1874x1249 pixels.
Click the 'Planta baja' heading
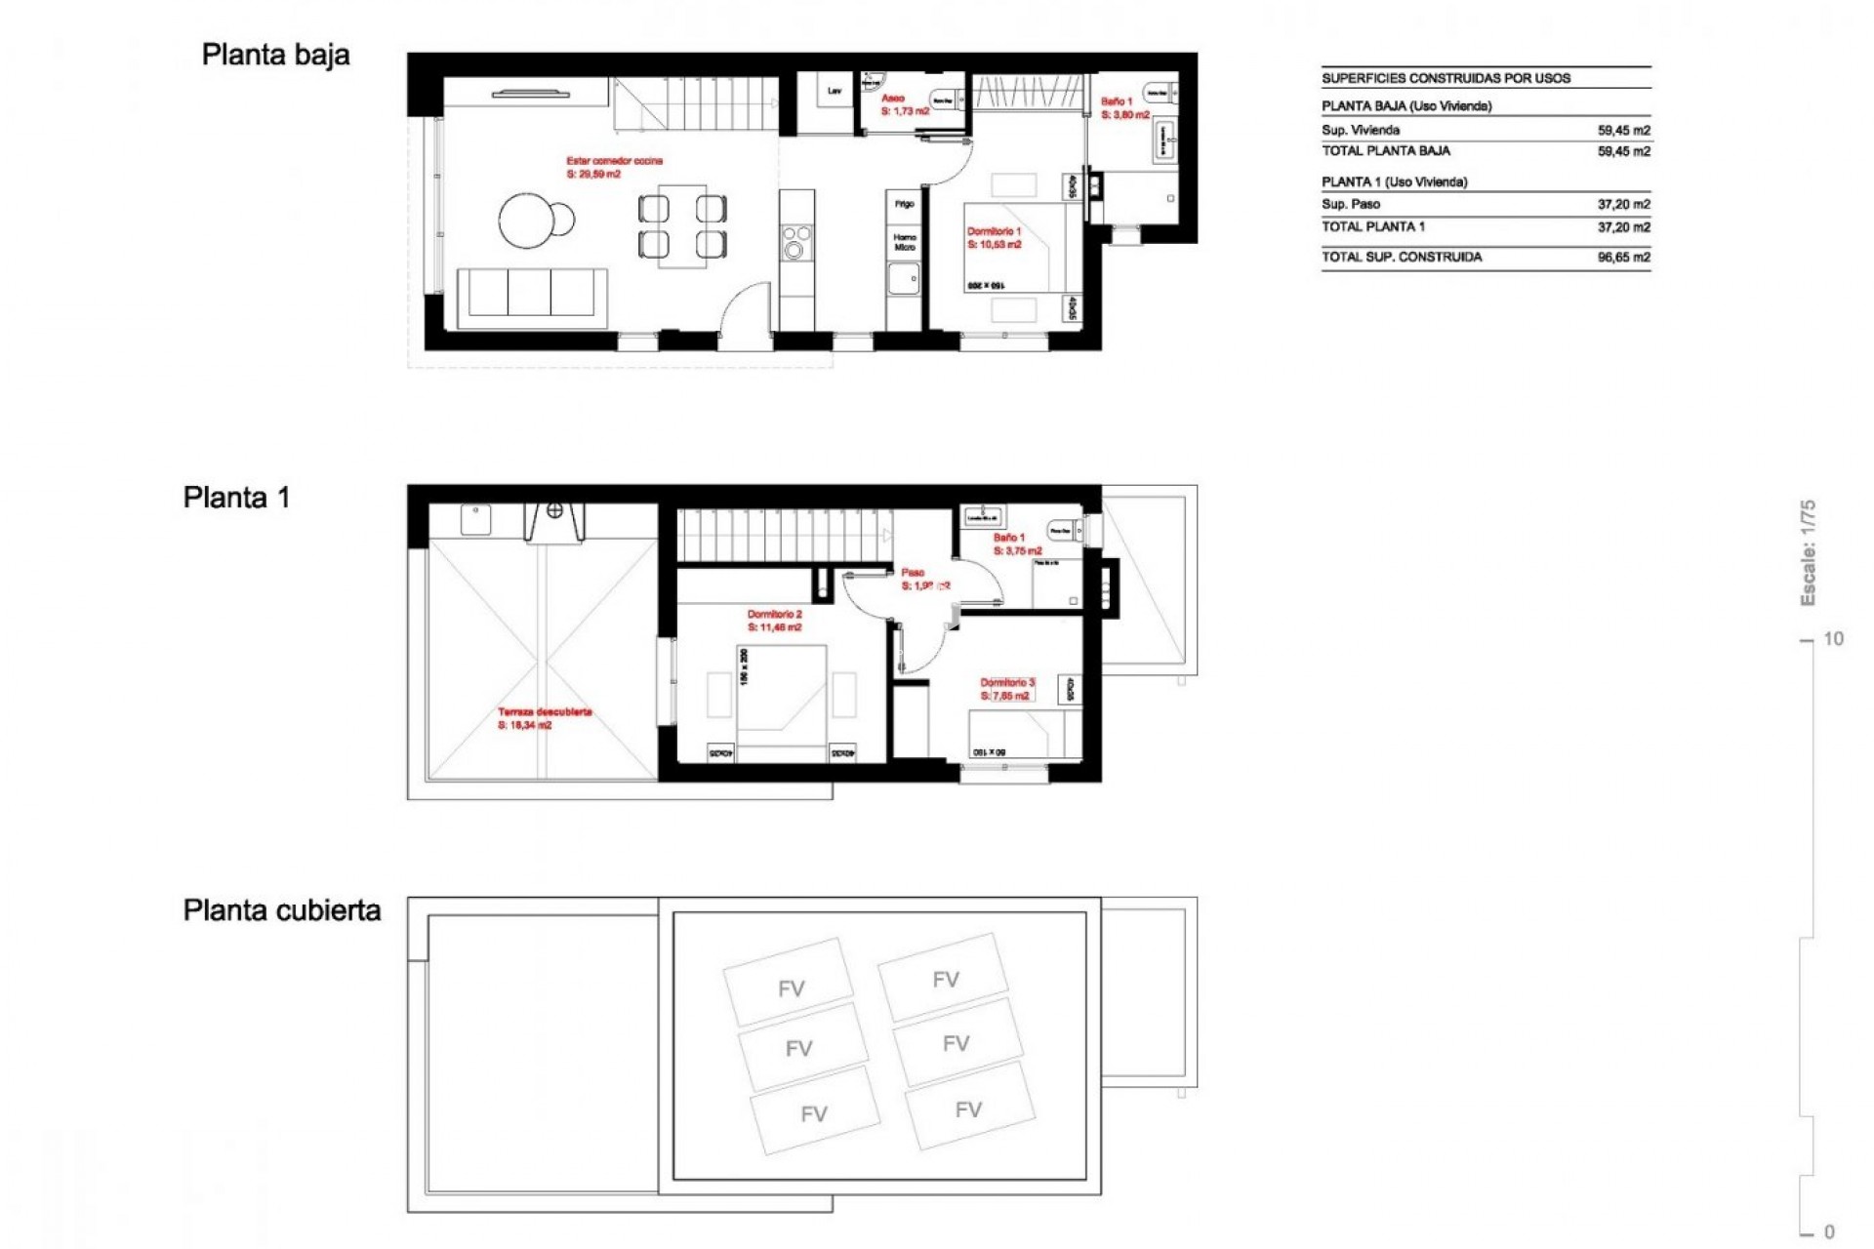coord(275,56)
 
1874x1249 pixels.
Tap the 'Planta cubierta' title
coord(282,910)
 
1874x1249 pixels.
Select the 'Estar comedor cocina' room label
coord(614,161)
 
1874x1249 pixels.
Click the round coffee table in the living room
coord(531,221)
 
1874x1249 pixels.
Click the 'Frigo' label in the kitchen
coord(905,204)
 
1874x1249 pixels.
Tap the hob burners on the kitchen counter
coord(796,241)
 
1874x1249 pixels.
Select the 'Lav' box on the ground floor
coord(835,92)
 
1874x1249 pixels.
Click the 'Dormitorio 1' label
coord(994,232)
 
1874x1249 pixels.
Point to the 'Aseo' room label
coord(892,99)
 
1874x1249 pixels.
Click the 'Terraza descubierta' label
coord(545,712)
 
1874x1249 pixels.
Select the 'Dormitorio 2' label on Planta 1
coord(774,615)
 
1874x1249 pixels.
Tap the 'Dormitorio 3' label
coord(1007,683)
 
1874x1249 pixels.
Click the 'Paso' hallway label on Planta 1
coord(913,573)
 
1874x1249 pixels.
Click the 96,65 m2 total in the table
coord(1623,258)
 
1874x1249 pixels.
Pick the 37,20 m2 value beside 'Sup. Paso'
coord(1623,205)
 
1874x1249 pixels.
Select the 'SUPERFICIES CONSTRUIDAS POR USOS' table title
coord(1446,79)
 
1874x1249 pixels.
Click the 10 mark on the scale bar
coord(1833,639)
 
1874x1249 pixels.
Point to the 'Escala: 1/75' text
coord(1807,552)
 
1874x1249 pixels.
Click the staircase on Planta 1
coord(781,536)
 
